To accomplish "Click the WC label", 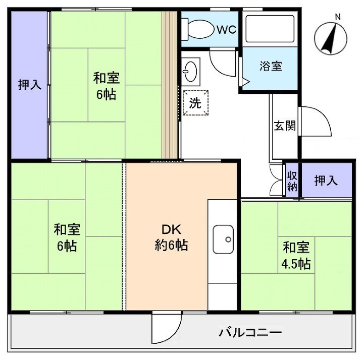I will pos(227,29).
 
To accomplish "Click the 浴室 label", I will pos(271,66).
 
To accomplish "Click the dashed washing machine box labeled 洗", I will pos(195,103).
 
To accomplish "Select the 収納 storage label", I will pos(292,180).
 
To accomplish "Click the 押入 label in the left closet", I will pos(30,85).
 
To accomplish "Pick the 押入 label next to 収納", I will pos(326,180).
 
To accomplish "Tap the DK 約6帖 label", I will pos(171,237).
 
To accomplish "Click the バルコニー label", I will pos(250,333).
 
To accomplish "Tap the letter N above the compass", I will pos(338,17).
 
